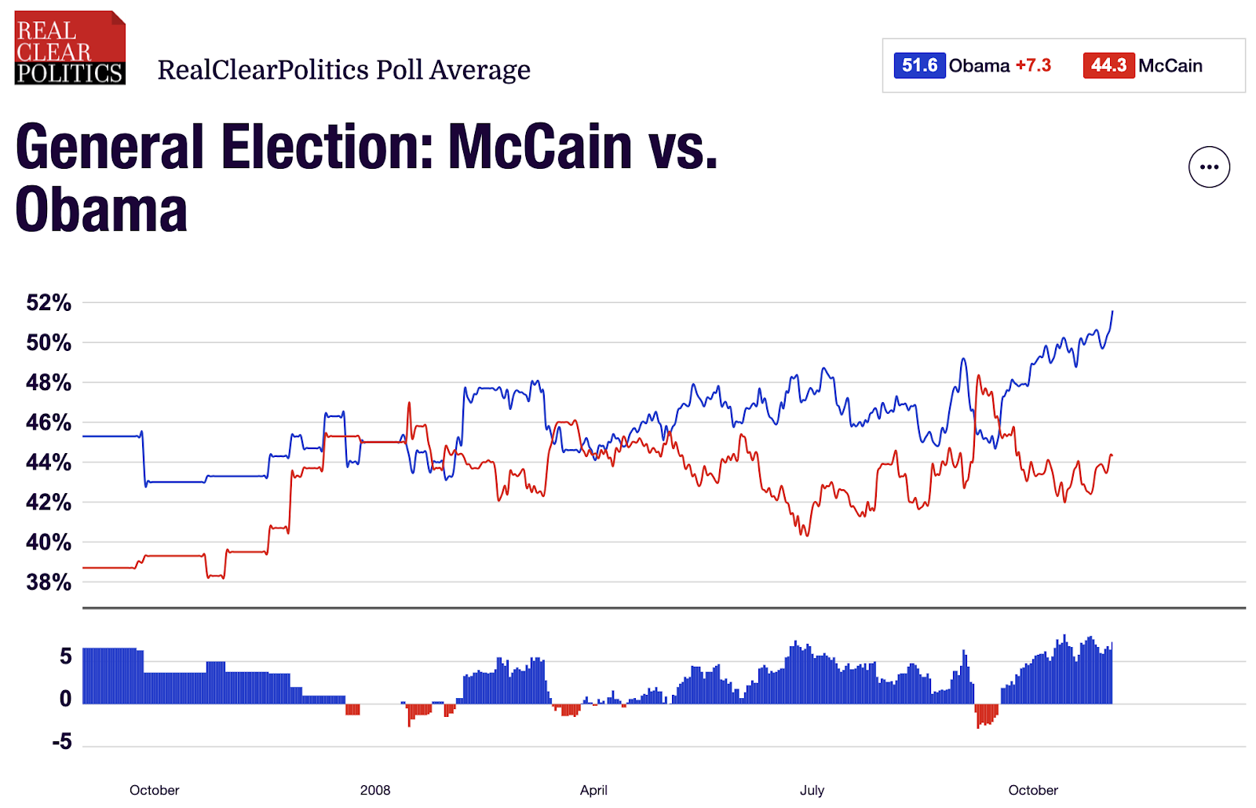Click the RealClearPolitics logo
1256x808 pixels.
[x=70, y=48]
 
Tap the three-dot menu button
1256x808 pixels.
[x=1209, y=167]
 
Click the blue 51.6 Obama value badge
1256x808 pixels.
[x=919, y=65]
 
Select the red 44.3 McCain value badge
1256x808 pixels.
[x=1108, y=65]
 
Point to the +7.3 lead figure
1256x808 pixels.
[x=1033, y=65]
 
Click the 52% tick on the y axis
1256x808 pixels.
[x=49, y=303]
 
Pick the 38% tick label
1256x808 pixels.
[x=49, y=583]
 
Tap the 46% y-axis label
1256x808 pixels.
[x=49, y=422]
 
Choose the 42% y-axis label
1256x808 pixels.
[x=49, y=503]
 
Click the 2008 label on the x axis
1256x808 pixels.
[x=375, y=790]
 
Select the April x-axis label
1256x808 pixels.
[x=593, y=790]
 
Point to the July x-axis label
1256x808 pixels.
[x=812, y=790]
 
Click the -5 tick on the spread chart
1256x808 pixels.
[x=62, y=742]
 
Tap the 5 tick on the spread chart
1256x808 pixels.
[x=66, y=656]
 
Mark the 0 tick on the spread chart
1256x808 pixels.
[x=66, y=699]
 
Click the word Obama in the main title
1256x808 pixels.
[x=101, y=210]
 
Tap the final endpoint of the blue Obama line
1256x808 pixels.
[x=1112, y=312]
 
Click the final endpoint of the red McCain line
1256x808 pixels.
[x=1112, y=456]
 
